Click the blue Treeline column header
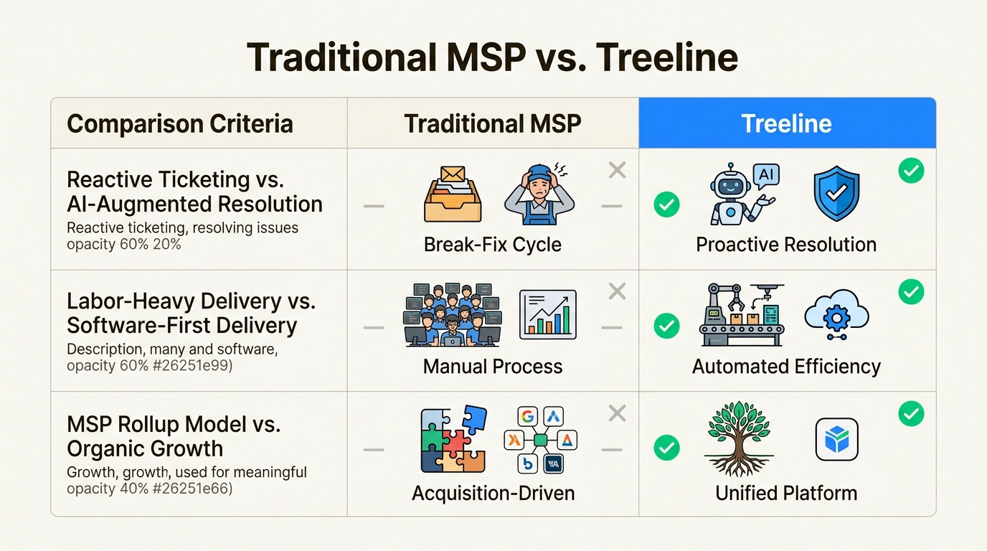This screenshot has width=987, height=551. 787,123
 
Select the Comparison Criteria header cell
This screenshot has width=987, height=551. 180,123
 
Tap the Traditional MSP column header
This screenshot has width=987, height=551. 493,123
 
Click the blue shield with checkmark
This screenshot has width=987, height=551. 836,193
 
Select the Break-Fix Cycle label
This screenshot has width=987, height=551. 493,245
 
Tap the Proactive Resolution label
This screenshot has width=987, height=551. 786,245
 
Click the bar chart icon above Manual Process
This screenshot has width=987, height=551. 547,314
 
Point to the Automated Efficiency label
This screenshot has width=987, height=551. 786,367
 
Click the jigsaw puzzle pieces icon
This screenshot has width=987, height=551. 453,439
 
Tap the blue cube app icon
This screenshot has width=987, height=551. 836,439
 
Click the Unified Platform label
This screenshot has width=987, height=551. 786,494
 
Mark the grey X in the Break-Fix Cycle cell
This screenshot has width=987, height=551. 617,170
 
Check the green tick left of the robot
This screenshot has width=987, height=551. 666,205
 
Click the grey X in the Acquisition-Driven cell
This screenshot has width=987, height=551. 617,413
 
